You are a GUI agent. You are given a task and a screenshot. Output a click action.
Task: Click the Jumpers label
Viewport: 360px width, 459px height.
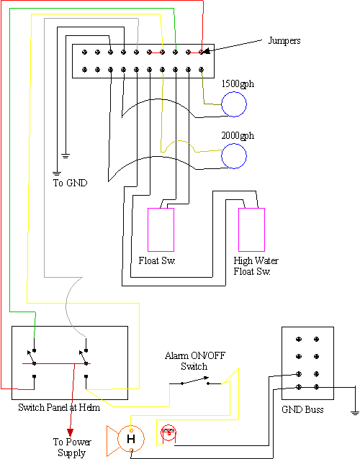click(284, 41)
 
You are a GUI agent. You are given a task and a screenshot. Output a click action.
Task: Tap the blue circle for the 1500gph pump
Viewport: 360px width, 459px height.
click(234, 92)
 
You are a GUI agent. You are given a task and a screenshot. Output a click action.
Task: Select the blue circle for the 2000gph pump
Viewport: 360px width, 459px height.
click(234, 144)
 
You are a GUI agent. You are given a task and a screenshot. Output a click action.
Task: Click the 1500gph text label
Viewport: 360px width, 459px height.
click(238, 84)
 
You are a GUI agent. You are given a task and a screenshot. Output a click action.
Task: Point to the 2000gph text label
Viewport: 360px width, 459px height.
click(238, 136)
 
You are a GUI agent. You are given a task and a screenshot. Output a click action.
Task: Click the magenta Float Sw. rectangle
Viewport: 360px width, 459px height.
click(148, 229)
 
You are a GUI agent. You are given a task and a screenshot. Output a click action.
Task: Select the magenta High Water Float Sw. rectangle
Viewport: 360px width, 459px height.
click(238, 229)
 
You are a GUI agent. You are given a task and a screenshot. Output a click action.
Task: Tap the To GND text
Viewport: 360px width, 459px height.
click(70, 183)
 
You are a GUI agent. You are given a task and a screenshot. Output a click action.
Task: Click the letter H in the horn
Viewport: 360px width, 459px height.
click(131, 439)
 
